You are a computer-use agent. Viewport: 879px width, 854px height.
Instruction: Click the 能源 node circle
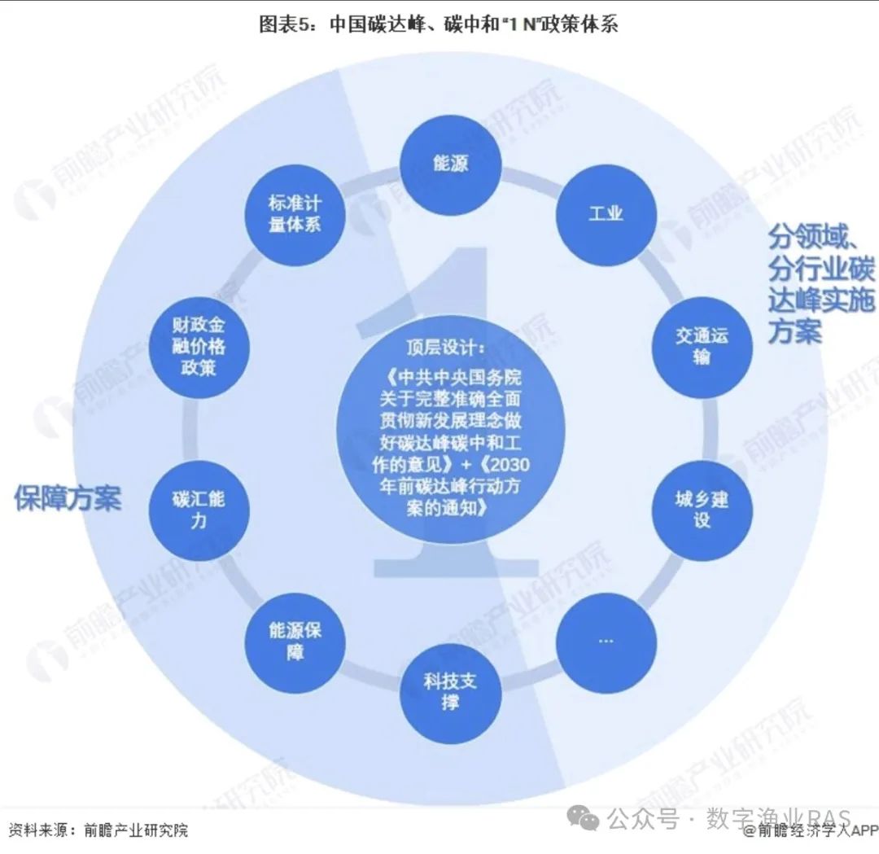450,166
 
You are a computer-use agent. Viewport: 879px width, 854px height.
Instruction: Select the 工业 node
605,213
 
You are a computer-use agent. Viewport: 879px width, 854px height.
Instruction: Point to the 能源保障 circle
295,641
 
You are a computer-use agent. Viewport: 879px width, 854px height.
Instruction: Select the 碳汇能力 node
199,509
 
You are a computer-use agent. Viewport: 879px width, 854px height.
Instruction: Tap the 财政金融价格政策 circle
199,345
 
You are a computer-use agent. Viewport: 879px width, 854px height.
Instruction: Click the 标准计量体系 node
295,213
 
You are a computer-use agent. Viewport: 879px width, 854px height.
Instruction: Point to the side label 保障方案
68,497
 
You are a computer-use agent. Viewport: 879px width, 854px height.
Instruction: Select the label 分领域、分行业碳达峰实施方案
820,285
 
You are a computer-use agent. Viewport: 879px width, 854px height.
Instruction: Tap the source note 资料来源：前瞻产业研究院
98,830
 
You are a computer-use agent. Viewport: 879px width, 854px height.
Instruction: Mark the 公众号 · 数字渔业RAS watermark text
729,819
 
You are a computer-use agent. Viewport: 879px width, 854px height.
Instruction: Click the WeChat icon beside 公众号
585,819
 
